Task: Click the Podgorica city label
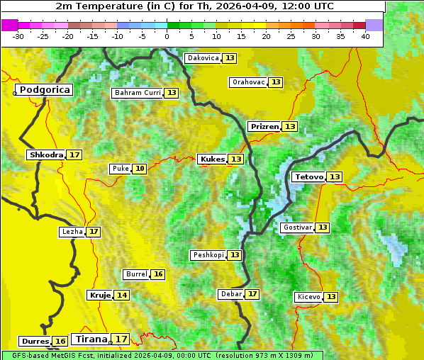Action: pos(44,90)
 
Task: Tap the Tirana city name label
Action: pos(90,339)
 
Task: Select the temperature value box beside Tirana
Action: pos(122,339)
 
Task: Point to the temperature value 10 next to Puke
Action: pos(140,169)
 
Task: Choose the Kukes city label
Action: pos(212,159)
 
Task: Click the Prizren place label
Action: pos(264,127)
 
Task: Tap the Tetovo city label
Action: pos(308,176)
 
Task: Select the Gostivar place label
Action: pos(296,227)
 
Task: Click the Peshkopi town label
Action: pos(208,255)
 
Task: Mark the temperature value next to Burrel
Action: pos(158,274)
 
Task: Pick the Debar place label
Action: pos(231,294)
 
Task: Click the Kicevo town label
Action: pos(308,297)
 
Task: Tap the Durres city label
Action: pos(34,342)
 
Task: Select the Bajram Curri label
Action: pos(138,93)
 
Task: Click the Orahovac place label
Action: pos(248,82)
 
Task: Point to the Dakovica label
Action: pos(202,58)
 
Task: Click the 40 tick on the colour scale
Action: pos(365,35)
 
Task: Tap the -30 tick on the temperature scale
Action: pos(18,35)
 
